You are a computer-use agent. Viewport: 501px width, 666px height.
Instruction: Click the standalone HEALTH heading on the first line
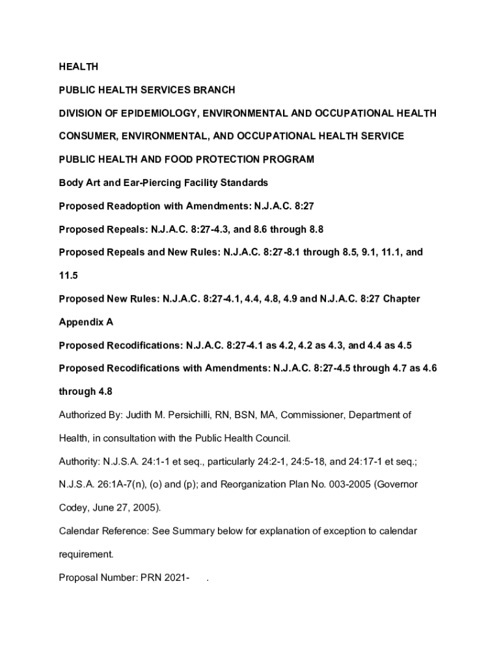point(78,67)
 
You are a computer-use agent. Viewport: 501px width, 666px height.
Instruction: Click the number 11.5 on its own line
point(68,276)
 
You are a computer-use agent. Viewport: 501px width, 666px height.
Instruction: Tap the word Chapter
point(401,299)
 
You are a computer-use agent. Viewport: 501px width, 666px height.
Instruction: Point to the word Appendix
point(81,322)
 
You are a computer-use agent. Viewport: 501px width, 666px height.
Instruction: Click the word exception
point(338,531)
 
